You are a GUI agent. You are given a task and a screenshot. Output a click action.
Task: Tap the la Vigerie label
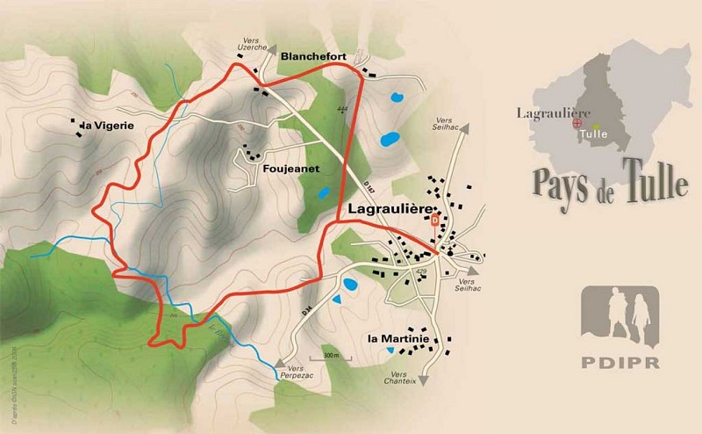(108, 126)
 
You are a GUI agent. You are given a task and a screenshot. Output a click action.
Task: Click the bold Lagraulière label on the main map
(390, 210)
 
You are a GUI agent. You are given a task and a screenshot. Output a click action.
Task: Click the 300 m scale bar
(331, 356)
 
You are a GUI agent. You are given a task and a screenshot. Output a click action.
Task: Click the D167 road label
(352, 184)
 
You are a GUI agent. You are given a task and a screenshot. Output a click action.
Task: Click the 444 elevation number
(341, 109)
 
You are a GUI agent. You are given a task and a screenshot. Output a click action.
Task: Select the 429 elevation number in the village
(422, 271)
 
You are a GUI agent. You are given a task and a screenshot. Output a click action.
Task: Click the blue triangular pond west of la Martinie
(338, 300)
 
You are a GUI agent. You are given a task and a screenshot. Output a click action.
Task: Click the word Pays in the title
(563, 180)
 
